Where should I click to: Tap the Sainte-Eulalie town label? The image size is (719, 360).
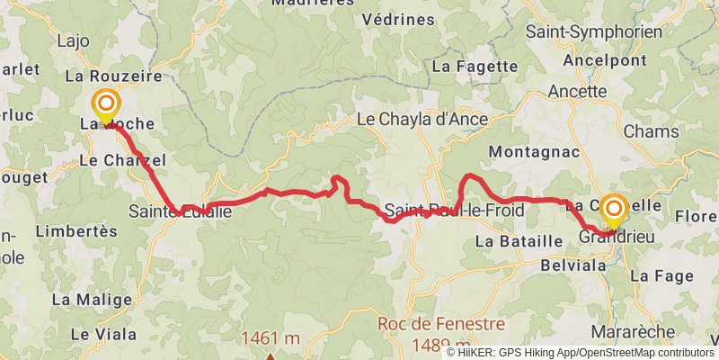point(180,211)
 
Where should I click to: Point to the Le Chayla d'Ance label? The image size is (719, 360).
point(422,120)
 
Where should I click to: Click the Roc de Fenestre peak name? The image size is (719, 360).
point(429,323)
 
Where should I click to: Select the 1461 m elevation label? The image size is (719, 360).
point(270,339)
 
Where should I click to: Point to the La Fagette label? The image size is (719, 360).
point(475,66)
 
